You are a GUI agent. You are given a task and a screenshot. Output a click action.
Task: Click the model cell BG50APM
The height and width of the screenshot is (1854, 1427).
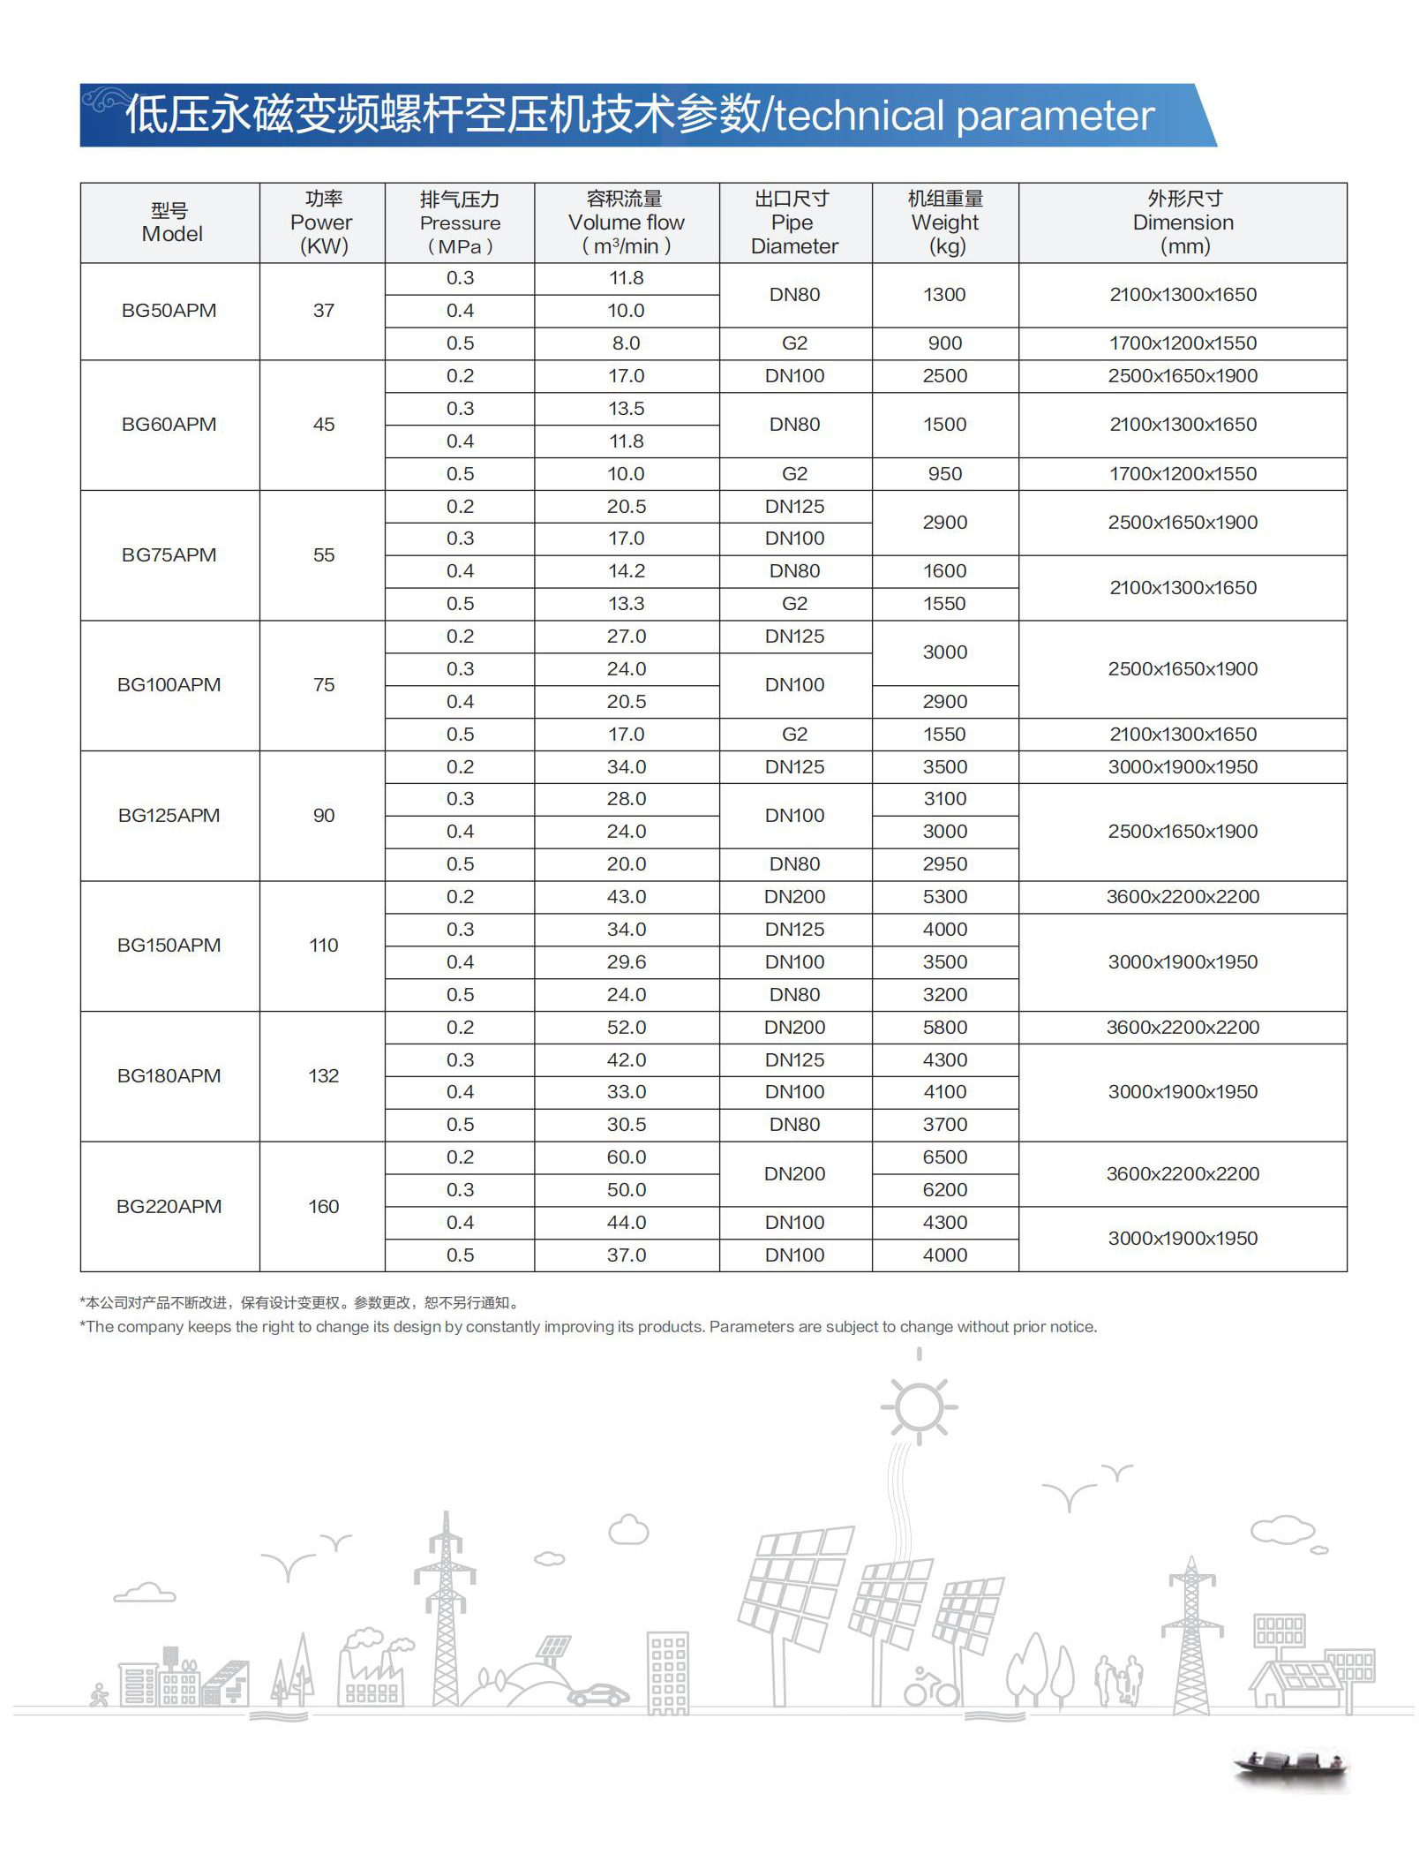click(169, 311)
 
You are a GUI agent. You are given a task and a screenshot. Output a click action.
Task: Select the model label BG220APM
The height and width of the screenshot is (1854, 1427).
click(169, 1207)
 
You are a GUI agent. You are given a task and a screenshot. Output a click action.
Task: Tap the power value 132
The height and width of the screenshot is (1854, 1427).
click(323, 1076)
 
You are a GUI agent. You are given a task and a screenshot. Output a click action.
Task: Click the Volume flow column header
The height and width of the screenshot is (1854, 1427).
click(626, 222)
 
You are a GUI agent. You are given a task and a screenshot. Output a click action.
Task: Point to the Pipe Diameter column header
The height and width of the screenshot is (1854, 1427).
click(794, 222)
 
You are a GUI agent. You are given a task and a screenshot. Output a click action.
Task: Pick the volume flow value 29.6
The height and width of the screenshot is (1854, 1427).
click(626, 962)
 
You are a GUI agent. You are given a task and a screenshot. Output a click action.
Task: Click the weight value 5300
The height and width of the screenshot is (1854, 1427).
click(944, 897)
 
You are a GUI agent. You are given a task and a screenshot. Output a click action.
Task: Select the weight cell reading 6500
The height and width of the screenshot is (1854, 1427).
click(944, 1157)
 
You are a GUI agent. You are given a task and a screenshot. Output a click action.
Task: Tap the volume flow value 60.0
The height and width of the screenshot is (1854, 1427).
click(626, 1157)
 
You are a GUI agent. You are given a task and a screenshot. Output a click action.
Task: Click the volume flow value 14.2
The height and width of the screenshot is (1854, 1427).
click(626, 571)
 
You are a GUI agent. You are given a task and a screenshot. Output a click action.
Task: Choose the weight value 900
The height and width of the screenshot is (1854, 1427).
click(944, 343)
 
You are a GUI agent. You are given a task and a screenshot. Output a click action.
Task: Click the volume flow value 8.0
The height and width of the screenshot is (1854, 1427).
click(626, 343)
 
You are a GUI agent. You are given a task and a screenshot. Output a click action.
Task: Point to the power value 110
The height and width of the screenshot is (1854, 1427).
click(323, 946)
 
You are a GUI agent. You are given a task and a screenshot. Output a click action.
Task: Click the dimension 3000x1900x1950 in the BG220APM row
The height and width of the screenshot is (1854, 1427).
click(1183, 1239)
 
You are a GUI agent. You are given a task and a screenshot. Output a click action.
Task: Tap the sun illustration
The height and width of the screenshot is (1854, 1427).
click(919, 1406)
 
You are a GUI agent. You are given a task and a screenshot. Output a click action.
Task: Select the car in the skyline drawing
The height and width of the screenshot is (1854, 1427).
click(598, 1695)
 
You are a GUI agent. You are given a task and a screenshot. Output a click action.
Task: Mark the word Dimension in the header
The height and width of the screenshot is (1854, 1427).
click(1183, 222)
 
